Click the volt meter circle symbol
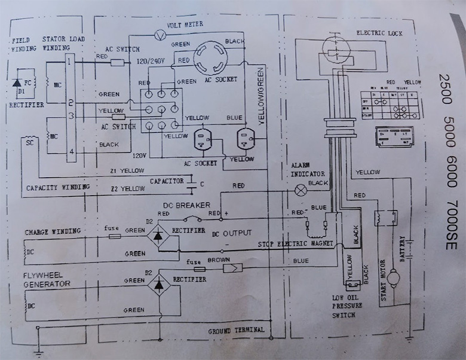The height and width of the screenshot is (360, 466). coord(160,35)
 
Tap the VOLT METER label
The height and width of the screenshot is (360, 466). coord(186,25)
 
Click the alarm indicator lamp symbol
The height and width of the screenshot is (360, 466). coord(301,190)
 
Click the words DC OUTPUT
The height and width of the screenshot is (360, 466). coord(232,233)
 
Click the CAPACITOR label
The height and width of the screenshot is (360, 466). coord(167,180)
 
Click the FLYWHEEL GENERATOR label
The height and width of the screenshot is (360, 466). coord(47,279)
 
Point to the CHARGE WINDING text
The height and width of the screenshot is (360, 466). coord(52,231)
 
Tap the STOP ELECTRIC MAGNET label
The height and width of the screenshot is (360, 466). coord(295,244)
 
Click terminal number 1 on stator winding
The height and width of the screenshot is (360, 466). coord(70,61)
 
